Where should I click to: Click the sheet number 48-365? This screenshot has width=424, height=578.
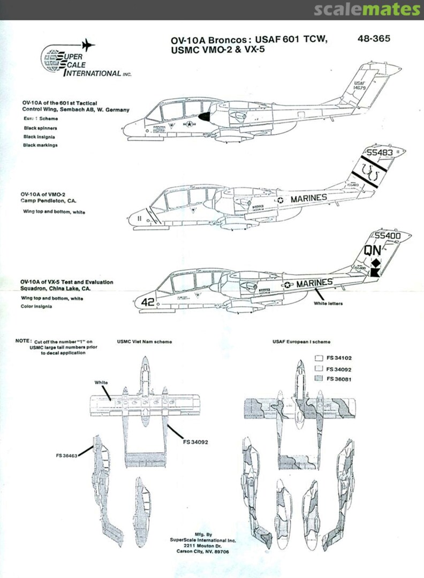tap(374, 39)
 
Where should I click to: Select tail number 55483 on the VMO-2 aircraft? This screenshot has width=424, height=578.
tap(377, 153)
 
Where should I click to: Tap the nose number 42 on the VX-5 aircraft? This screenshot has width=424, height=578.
tap(147, 302)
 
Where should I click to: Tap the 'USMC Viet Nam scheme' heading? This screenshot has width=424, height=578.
tap(144, 341)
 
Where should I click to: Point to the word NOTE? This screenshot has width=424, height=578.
tap(23, 341)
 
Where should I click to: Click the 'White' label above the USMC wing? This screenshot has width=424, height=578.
tap(101, 383)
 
